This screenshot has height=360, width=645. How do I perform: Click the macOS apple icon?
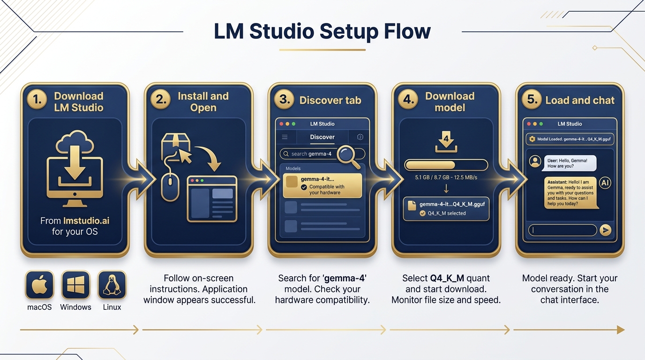point(39,285)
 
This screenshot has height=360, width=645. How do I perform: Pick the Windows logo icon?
point(75,285)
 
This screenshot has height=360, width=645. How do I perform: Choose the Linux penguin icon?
point(112,285)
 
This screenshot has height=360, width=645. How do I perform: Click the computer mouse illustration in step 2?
point(170,186)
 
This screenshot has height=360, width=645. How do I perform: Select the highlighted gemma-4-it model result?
point(322,185)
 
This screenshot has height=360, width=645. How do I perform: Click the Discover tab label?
point(322,137)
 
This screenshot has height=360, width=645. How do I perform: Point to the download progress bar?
point(446,165)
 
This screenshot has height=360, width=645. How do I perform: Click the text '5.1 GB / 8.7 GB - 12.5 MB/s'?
point(446,178)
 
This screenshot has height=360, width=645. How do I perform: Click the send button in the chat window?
point(606,230)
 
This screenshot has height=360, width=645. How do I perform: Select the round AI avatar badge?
point(605,183)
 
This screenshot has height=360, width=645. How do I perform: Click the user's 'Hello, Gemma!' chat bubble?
point(570,163)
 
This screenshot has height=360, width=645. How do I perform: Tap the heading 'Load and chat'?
point(580,100)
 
